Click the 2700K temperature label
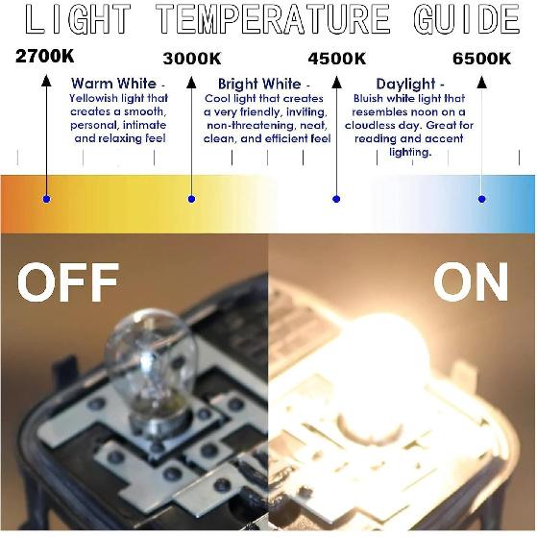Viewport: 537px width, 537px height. point(45,57)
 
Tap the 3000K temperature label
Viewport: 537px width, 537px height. point(192,59)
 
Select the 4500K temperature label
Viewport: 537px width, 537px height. point(336,59)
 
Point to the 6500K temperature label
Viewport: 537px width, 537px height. point(481,59)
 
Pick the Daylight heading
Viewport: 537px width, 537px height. point(410,84)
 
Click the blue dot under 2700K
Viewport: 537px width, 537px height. point(46,199)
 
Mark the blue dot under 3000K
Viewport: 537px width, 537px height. point(192,199)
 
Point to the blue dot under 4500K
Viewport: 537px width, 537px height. point(336,199)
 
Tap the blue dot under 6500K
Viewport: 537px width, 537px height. point(481,199)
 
